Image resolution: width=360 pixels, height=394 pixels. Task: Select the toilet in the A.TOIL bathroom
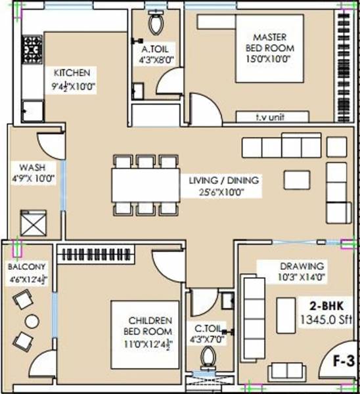156,24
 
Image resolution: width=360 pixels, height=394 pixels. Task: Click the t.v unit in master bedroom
273,118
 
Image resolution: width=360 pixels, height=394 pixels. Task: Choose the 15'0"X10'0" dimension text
270,59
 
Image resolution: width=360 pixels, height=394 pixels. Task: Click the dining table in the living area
145,185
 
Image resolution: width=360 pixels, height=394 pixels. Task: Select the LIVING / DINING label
223,180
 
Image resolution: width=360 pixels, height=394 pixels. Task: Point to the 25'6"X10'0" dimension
223,192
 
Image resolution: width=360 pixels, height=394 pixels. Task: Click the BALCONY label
27,267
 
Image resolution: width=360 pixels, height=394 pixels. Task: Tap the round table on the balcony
31,321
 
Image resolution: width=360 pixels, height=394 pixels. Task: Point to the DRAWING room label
302,266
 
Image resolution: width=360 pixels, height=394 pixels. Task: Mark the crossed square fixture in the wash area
33,223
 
